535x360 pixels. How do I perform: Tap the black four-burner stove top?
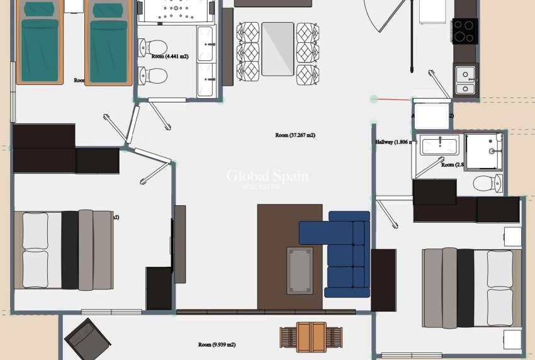(x=465, y=31)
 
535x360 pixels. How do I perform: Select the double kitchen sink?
(x=465, y=81)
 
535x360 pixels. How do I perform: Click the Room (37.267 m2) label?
(x=295, y=135)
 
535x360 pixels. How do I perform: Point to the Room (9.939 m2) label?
(x=217, y=345)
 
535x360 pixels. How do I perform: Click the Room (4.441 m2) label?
(x=170, y=57)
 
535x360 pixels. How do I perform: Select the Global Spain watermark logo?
(x=267, y=178)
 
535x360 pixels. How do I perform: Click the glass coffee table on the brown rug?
(x=300, y=270)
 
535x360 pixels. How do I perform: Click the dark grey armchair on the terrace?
(x=87, y=340)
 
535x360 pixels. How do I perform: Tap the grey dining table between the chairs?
(x=278, y=49)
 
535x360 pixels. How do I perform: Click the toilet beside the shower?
(x=487, y=183)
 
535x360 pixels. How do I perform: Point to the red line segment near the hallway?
(x=394, y=99)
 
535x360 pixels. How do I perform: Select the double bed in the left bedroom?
(x=66, y=250)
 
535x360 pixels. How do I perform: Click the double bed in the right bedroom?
(x=472, y=288)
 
